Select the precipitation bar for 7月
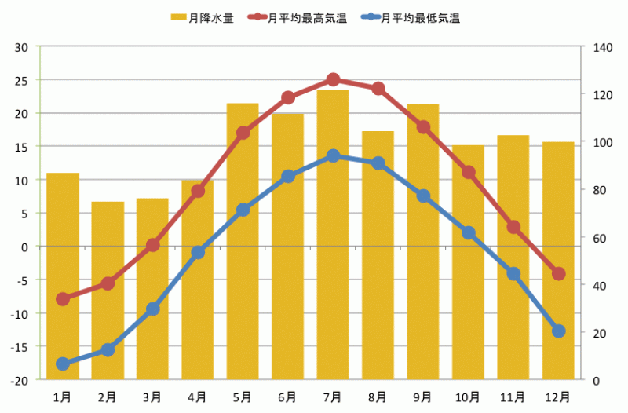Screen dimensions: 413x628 coord(333,236)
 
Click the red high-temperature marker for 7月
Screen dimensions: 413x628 coord(333,79)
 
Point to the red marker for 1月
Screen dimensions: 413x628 coord(63,299)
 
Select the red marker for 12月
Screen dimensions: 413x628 coord(558,274)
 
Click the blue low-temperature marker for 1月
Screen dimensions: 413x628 coord(63,364)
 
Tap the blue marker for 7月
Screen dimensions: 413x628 coord(333,155)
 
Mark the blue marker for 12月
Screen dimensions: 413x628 coord(558,331)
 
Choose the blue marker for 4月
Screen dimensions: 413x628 coord(198,253)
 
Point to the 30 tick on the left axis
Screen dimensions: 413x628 coord(21,47)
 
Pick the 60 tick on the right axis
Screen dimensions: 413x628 coord(599,238)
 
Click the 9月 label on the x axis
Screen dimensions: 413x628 coord(422,397)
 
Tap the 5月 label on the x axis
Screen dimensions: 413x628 coord(243,397)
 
